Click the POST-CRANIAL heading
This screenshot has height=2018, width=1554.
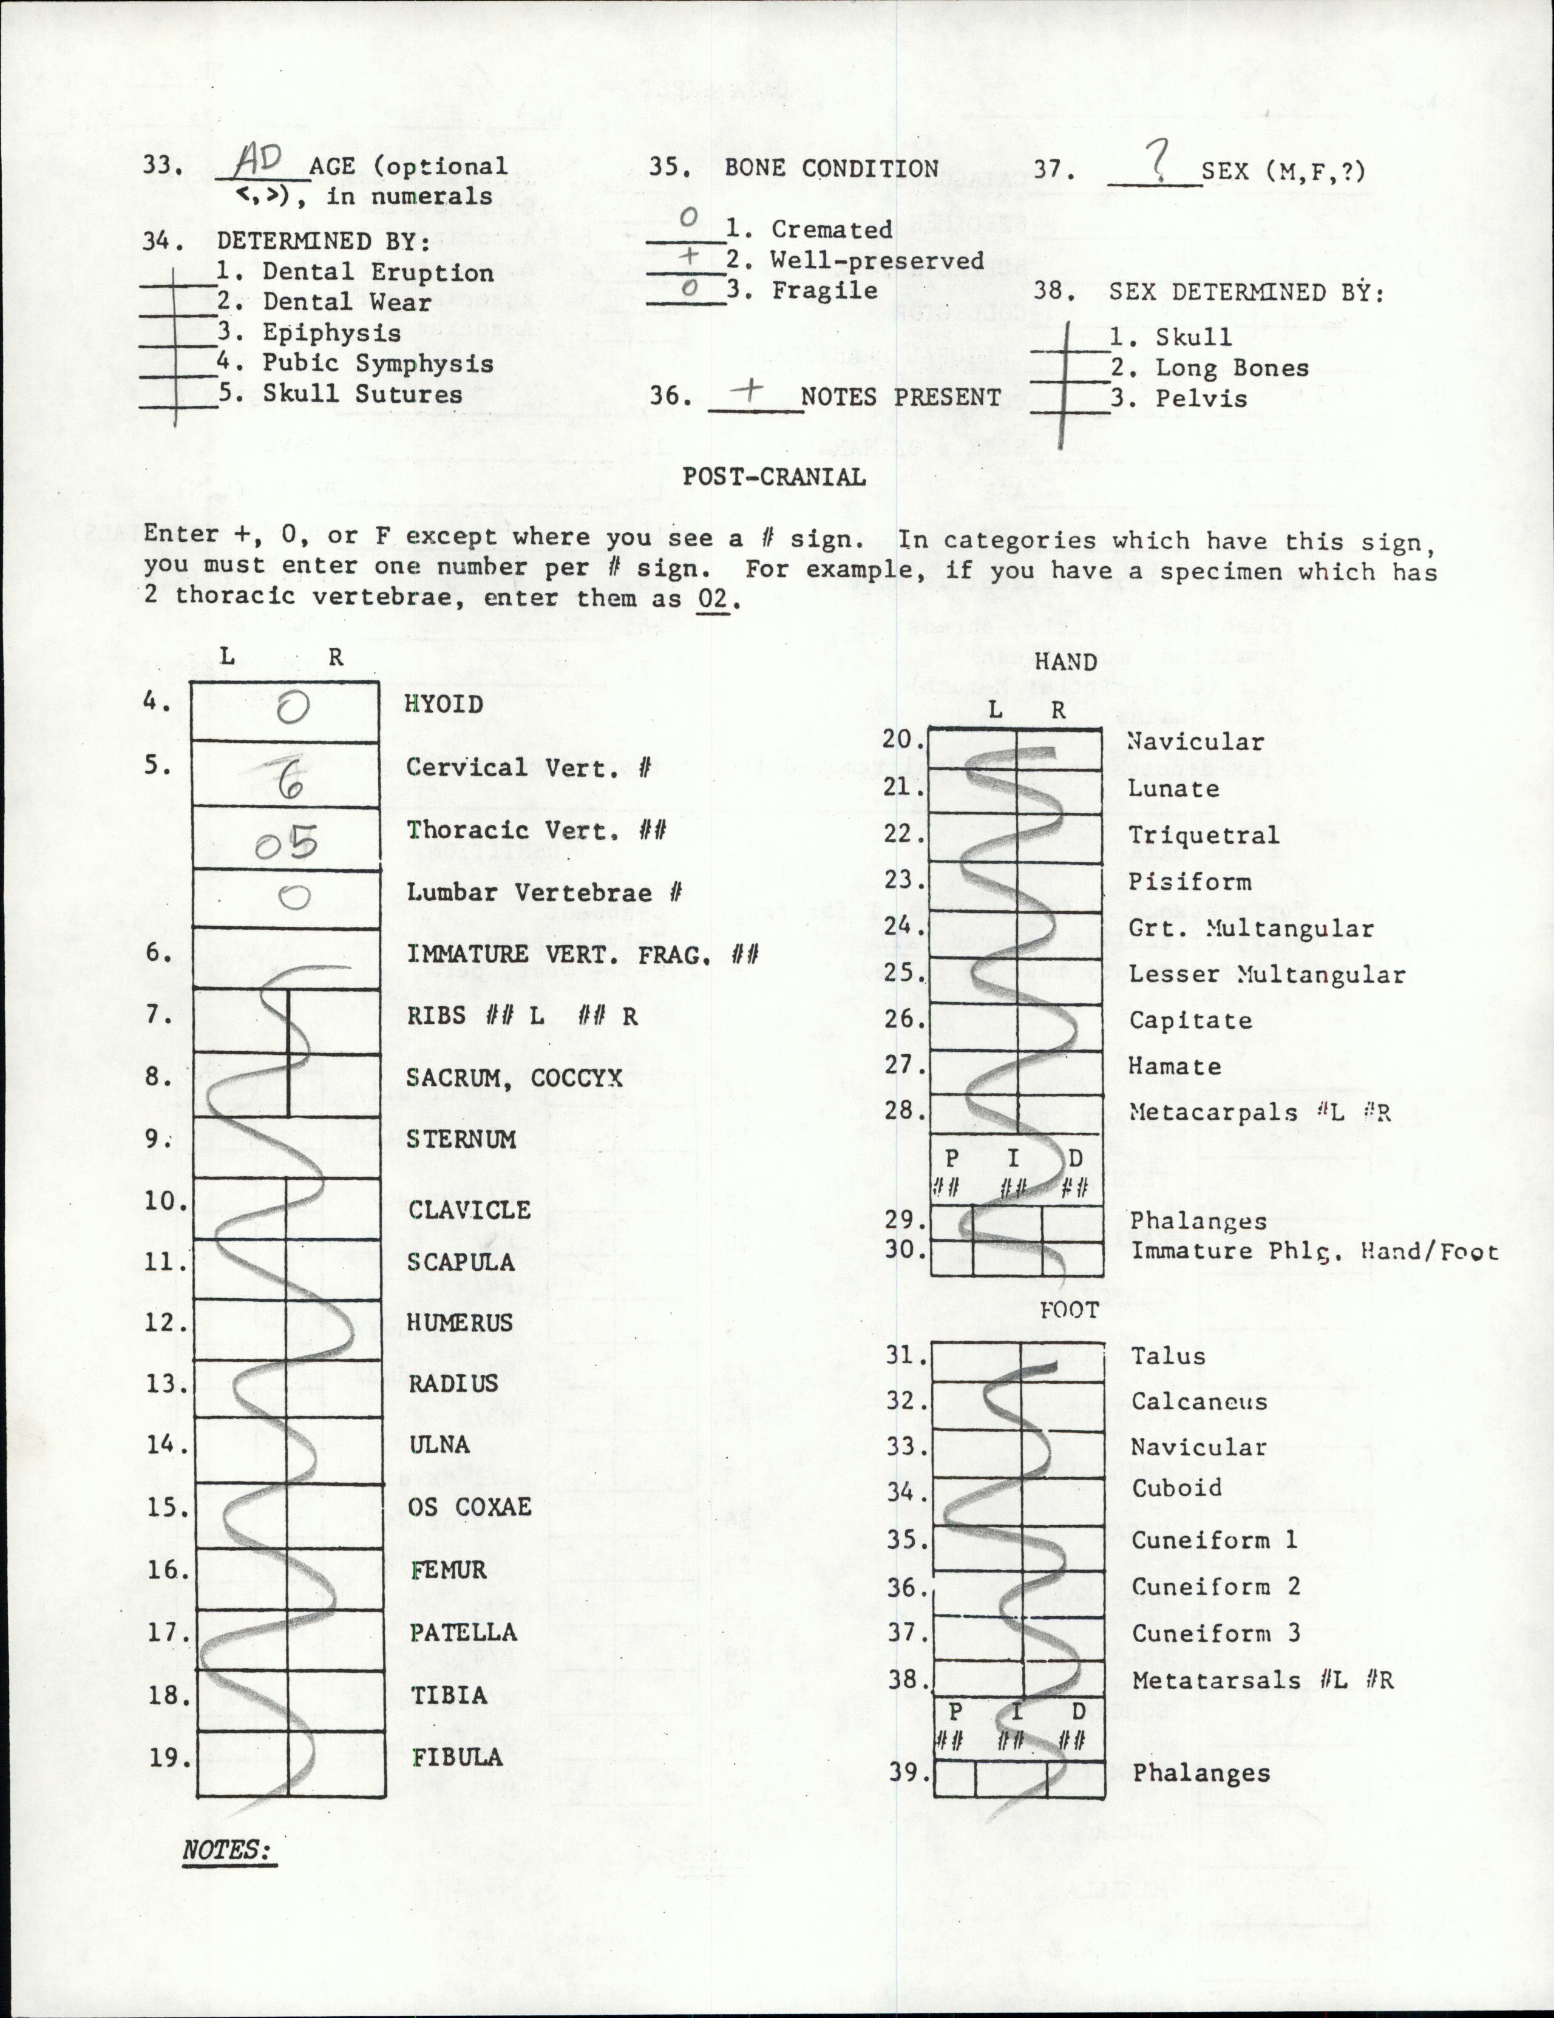(773, 477)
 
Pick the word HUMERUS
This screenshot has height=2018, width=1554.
(459, 1322)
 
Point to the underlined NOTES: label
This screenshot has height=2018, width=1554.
(227, 1850)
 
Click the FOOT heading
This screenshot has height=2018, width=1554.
(1069, 1310)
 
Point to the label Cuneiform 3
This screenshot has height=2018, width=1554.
(1216, 1633)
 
